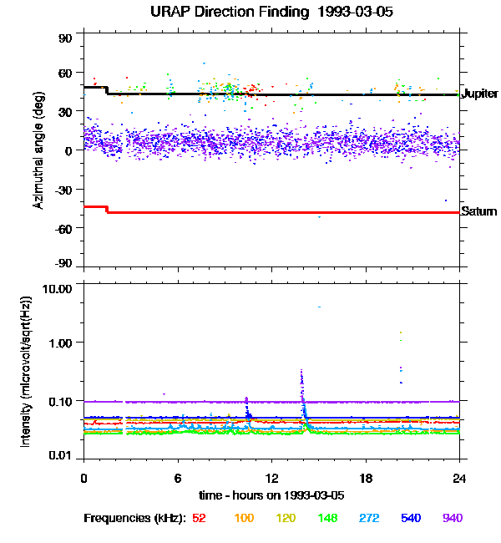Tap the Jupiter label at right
tap(479, 94)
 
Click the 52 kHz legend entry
tap(199, 518)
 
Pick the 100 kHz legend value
tap(244, 518)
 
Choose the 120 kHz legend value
tap(285, 518)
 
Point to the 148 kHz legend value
tap(326, 518)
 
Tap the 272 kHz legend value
tap(368, 518)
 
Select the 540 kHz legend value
tap(410, 518)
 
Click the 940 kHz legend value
tap(452, 518)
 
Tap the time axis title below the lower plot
tap(271, 495)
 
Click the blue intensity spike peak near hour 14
tap(301, 371)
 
